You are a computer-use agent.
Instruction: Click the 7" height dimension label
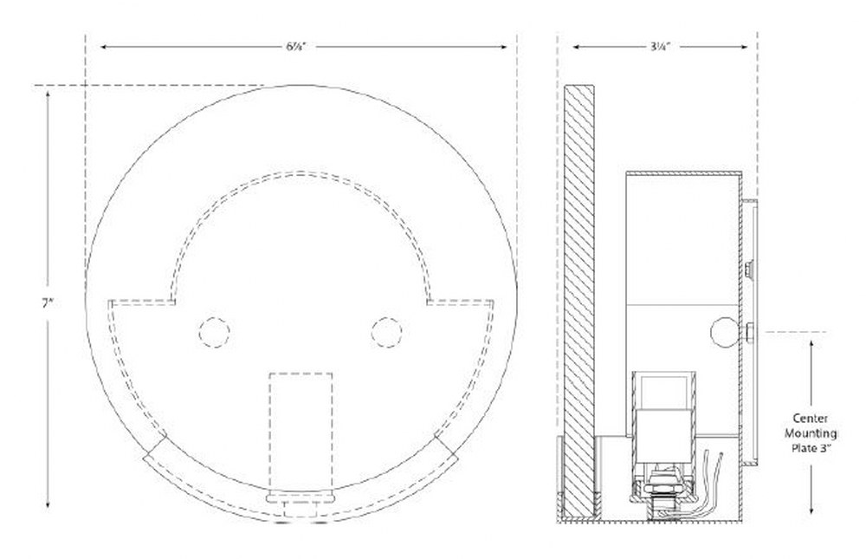tap(48, 303)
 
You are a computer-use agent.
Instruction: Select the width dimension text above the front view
tap(295, 47)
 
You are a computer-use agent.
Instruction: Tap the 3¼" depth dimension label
tap(659, 47)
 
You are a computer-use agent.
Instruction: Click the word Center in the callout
tap(811, 419)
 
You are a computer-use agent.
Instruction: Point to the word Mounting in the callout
tap(811, 433)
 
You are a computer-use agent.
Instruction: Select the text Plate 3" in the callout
tap(811, 448)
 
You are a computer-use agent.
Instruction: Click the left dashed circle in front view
tap(214, 333)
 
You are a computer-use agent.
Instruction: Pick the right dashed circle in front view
tap(386, 333)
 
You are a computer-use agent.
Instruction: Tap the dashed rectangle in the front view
tap(301, 432)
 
